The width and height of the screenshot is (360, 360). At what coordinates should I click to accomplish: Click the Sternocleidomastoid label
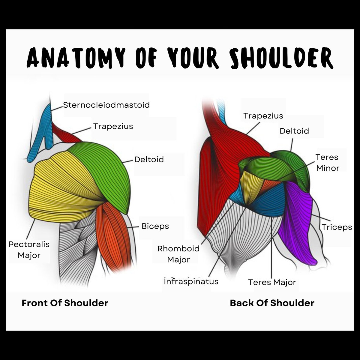(106, 105)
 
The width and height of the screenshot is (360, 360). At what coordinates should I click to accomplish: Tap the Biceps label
(155, 226)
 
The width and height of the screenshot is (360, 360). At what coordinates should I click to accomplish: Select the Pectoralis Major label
(29, 250)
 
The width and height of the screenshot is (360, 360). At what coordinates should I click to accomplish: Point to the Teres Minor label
(327, 163)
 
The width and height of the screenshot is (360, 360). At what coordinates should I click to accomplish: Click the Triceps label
(337, 227)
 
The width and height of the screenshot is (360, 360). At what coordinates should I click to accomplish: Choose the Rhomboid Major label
(178, 254)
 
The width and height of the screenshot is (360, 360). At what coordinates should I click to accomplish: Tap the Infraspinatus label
(191, 281)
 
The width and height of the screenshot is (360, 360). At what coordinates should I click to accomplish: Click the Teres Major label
(272, 282)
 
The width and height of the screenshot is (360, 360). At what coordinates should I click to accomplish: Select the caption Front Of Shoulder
(65, 303)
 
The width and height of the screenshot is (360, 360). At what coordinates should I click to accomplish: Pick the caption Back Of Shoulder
(272, 303)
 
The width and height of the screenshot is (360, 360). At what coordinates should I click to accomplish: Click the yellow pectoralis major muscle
(60, 189)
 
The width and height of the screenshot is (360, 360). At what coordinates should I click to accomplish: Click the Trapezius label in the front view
(113, 126)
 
